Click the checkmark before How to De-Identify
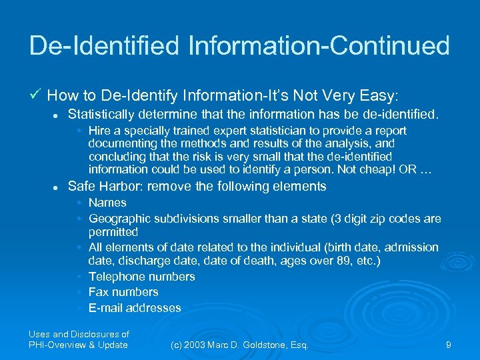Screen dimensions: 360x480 point(35,94)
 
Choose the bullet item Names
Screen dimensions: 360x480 point(107,203)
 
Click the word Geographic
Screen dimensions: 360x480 point(119,218)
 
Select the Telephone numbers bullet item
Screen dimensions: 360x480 point(141,277)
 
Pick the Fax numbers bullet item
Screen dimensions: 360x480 point(123,292)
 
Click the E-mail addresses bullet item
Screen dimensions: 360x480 point(134,308)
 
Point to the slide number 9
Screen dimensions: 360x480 point(449,344)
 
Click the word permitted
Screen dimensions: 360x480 point(113,233)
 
